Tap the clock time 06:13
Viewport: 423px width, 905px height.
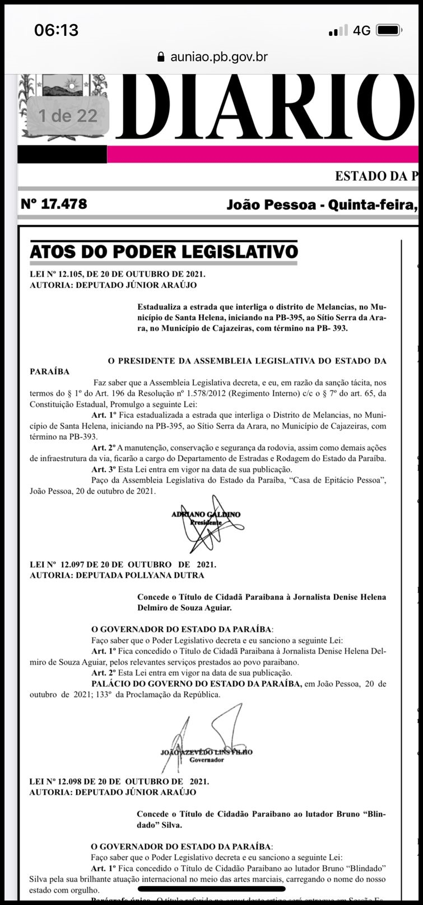(x=56, y=30)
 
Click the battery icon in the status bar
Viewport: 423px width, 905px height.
(x=388, y=30)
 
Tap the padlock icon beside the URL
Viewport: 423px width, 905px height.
(x=160, y=57)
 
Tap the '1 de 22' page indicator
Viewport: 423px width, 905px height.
(x=67, y=116)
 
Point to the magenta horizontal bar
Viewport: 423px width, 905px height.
(x=263, y=154)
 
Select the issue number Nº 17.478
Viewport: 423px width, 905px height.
(x=54, y=203)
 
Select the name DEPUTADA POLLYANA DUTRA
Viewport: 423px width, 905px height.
(x=146, y=575)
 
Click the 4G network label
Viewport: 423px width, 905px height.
(x=361, y=30)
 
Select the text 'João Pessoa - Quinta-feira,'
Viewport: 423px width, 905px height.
(x=322, y=204)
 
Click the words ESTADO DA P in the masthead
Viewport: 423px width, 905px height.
(x=375, y=176)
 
